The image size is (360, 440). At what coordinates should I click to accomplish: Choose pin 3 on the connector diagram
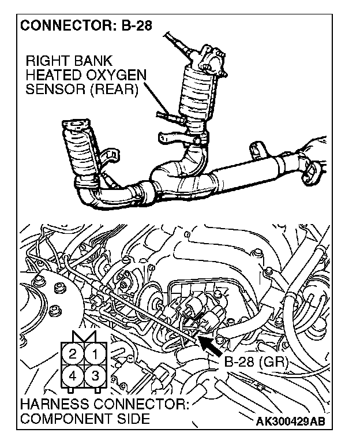point(96,376)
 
